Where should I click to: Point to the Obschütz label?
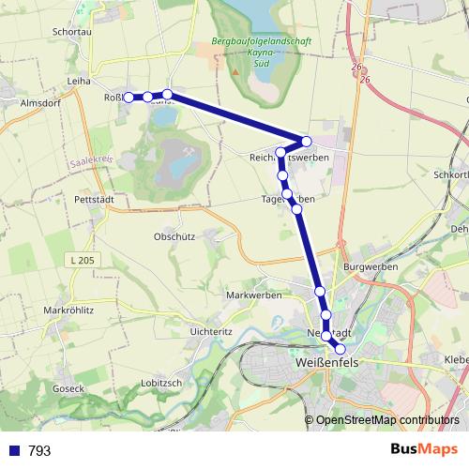174,236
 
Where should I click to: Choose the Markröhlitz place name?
71,309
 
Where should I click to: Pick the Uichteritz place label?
210,332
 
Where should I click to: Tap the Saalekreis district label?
91,162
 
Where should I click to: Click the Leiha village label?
79,83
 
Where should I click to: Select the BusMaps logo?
425,449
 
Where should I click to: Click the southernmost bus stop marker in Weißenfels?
340,349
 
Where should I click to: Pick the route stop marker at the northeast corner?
306,141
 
